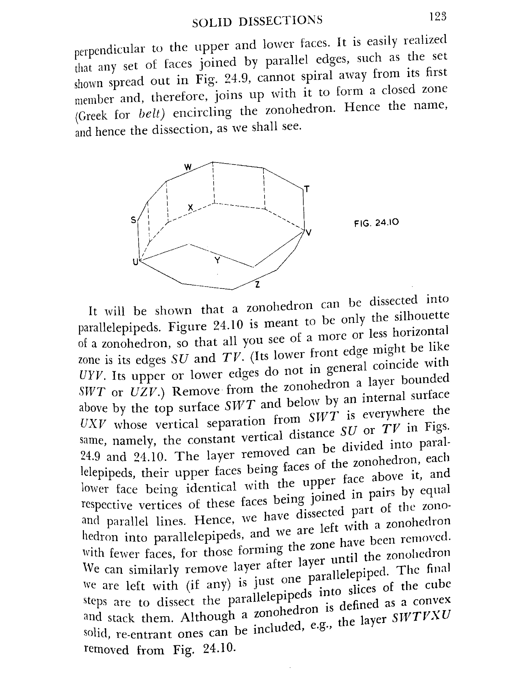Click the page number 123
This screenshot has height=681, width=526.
(438, 17)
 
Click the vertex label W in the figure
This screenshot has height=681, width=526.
(188, 167)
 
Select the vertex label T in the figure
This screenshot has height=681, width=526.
(307, 189)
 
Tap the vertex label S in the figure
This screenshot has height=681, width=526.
(133, 220)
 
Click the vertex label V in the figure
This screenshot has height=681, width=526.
(309, 233)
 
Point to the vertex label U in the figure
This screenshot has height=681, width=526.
(135, 262)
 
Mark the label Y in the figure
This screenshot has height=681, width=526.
(217, 260)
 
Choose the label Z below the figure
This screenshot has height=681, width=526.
(257, 284)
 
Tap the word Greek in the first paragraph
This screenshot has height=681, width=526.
(92, 116)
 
